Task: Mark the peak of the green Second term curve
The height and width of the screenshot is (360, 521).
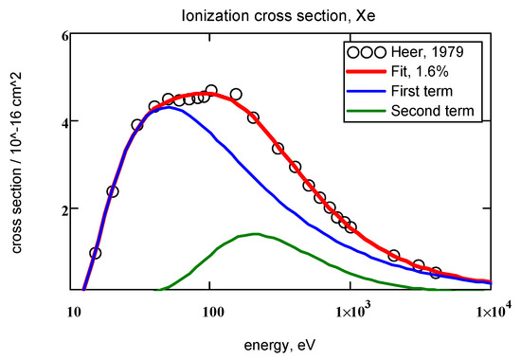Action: (x=255, y=234)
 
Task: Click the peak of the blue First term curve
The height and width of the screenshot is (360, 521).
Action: (x=168, y=107)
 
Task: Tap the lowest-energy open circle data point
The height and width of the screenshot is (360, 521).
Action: (x=95, y=253)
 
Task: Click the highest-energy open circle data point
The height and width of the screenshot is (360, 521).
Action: (x=435, y=272)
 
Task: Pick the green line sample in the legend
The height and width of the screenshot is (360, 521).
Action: (x=370, y=112)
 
